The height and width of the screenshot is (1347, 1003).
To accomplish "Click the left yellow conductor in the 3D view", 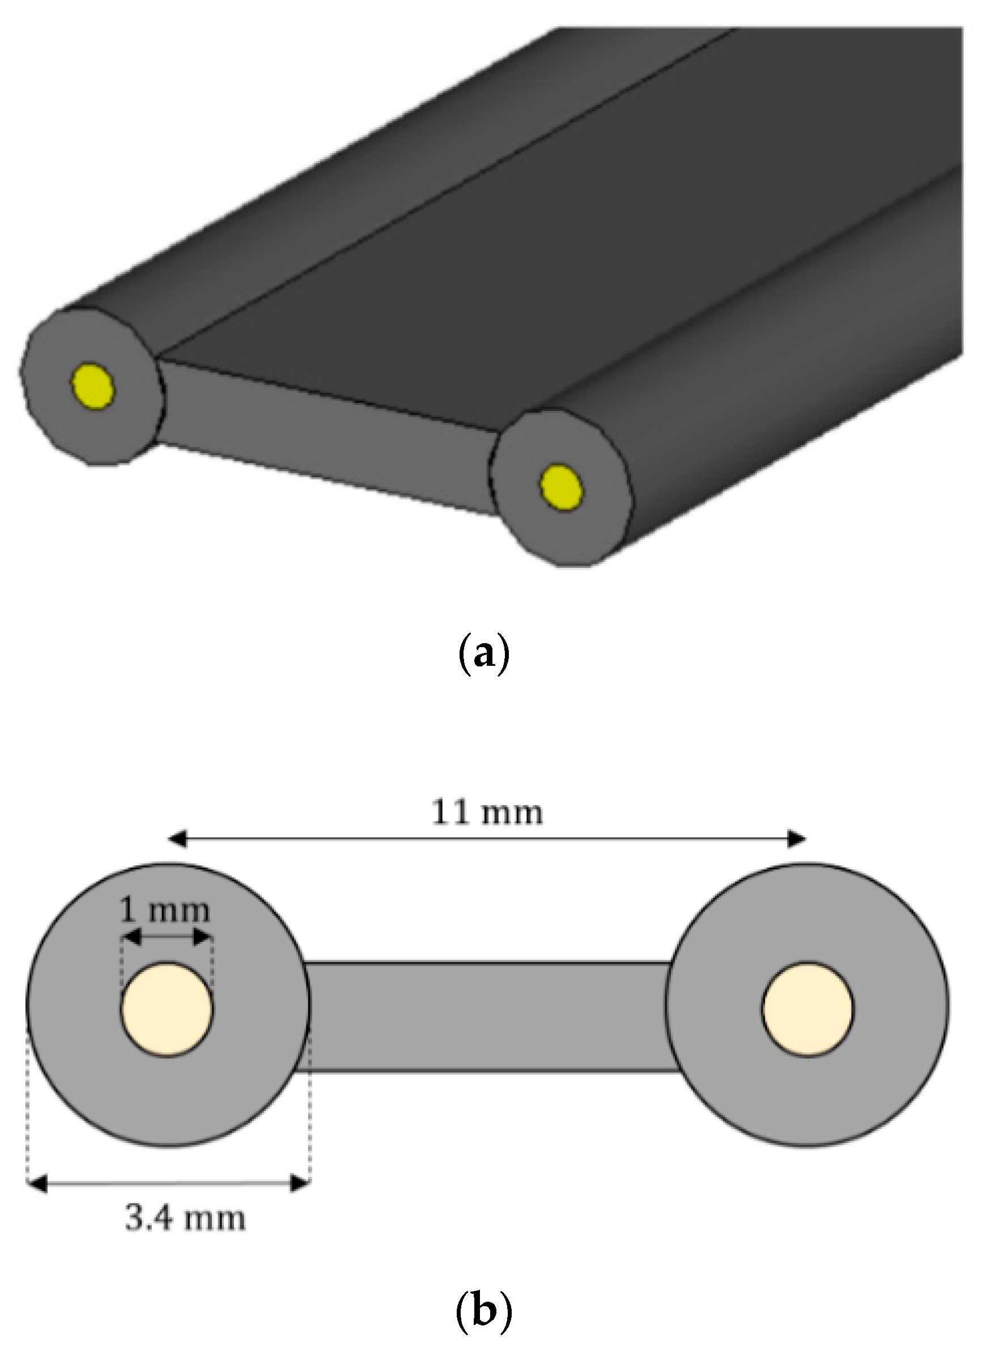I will (x=92, y=386).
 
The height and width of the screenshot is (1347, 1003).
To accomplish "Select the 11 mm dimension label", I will (x=487, y=812).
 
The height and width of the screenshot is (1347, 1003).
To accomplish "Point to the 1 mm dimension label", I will (x=165, y=911).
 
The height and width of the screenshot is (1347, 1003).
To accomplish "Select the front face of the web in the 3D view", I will (x=328, y=434).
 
